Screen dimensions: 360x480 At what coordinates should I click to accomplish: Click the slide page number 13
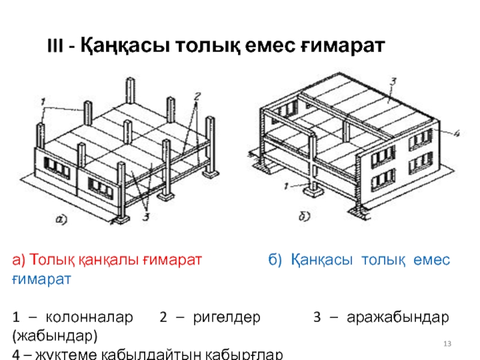click(x=446, y=343)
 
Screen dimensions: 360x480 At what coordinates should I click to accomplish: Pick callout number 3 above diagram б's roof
click(x=393, y=81)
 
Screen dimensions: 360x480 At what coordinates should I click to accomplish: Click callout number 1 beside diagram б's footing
click(x=288, y=186)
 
